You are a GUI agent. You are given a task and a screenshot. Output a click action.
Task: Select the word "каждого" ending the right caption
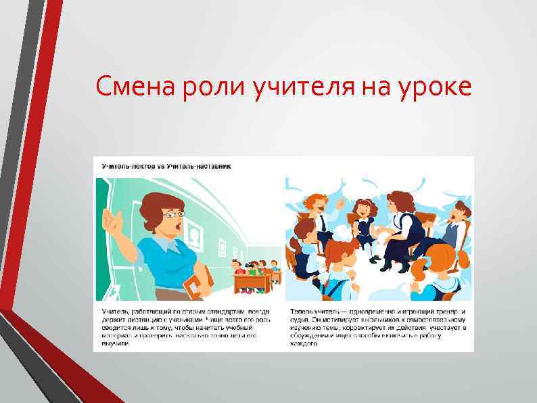click(x=304, y=344)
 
